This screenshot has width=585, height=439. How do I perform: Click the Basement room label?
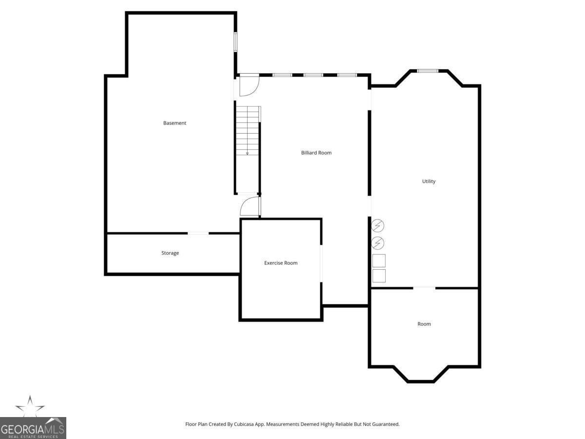pyautogui.click(x=175, y=123)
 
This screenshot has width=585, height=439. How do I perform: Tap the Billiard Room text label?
pyautogui.click(x=316, y=153)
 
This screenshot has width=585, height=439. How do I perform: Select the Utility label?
pyautogui.click(x=429, y=181)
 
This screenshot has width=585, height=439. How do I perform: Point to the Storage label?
pyautogui.click(x=170, y=253)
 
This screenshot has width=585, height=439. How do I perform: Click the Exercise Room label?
pyautogui.click(x=281, y=263)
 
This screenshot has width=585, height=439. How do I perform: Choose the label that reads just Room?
pyautogui.click(x=424, y=324)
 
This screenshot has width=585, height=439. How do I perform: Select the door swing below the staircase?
pyautogui.click(x=250, y=206)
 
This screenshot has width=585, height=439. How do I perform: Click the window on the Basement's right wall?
pyautogui.click(x=235, y=42)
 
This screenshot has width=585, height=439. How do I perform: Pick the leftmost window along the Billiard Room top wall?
pyautogui.click(x=282, y=75)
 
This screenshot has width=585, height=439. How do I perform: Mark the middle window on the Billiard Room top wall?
pyautogui.click(x=313, y=75)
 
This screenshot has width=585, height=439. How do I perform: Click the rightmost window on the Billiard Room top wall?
pyautogui.click(x=347, y=75)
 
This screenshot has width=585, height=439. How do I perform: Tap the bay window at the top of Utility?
pyautogui.click(x=428, y=71)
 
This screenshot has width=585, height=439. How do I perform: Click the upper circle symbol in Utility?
pyautogui.click(x=378, y=226)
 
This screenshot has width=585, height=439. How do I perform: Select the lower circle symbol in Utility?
pyautogui.click(x=378, y=243)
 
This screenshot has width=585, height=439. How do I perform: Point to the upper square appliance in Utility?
pyautogui.click(x=379, y=260)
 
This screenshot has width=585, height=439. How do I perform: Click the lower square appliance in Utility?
pyautogui.click(x=379, y=276)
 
